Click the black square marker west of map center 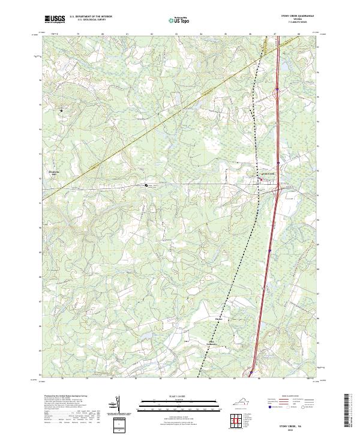point(146,185)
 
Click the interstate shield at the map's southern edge point(250,373)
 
